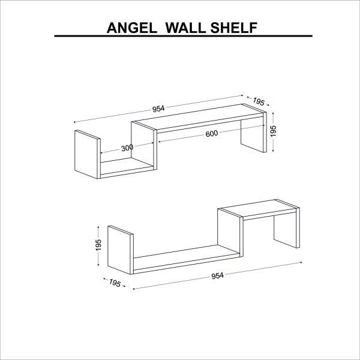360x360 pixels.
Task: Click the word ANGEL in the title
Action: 132,28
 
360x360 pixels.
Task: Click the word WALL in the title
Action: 185,28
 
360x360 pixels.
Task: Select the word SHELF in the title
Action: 234,28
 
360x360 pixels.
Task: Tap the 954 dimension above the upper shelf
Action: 158,109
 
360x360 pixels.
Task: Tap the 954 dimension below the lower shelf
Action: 217,275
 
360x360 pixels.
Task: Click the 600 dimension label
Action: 212,134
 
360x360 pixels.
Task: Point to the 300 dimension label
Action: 127,148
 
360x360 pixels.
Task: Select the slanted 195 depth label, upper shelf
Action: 259,101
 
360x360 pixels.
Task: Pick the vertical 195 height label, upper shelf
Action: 273,131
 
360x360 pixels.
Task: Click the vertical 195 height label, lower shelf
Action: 98,245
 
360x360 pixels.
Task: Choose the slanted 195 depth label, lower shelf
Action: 115,283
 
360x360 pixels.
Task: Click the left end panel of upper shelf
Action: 88,154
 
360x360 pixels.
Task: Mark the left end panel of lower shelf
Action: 121,250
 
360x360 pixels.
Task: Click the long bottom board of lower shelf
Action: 186,259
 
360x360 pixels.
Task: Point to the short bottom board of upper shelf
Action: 127,168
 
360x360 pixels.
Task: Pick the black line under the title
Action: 183,36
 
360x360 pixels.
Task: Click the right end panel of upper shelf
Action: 254,133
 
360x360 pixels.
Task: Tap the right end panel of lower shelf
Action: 287,228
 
